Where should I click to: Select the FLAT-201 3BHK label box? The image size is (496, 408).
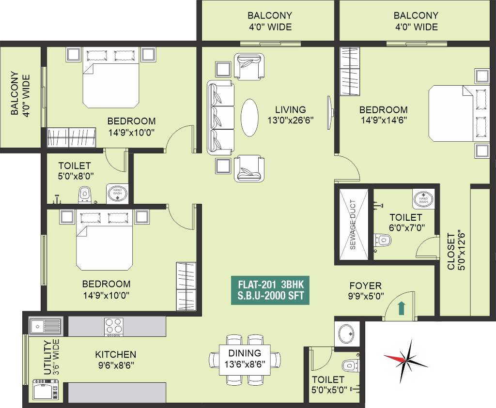[x=270, y=290]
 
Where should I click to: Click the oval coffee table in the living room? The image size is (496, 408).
[x=249, y=118]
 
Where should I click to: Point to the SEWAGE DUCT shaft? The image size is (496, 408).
[x=354, y=225]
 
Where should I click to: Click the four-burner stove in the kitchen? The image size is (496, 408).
[x=114, y=327]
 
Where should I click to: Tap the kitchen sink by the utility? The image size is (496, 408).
[x=46, y=326]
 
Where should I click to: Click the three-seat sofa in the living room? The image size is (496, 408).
[x=221, y=118]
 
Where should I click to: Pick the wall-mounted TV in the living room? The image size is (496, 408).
[x=330, y=112]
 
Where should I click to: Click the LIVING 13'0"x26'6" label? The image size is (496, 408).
[x=291, y=115]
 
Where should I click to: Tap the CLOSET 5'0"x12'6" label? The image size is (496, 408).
[x=456, y=251]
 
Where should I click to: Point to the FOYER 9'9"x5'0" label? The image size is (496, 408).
[x=366, y=291]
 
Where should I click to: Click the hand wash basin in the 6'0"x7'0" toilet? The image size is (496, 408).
[x=423, y=199]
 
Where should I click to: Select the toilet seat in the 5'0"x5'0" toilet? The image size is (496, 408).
[x=351, y=366]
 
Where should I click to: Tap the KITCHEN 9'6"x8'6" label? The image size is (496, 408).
[x=116, y=360]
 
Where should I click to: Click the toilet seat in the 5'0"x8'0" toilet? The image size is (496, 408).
[x=84, y=195]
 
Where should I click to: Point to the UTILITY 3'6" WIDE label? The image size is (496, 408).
[x=51, y=357]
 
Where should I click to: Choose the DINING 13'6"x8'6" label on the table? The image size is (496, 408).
[x=245, y=358]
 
